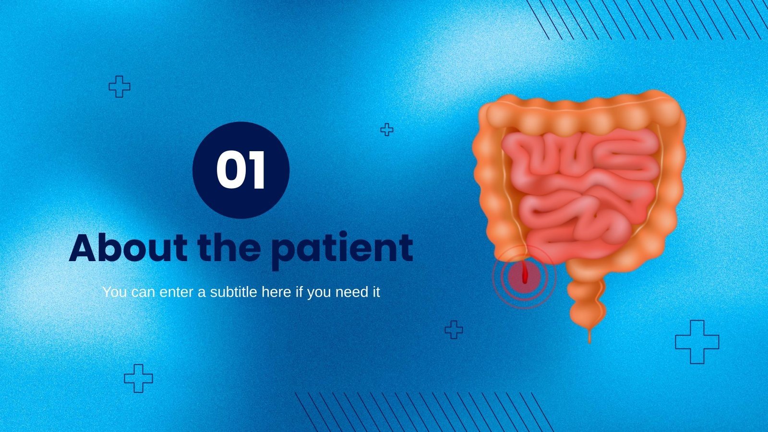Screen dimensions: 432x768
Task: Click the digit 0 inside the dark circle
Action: pyautogui.click(x=230, y=171)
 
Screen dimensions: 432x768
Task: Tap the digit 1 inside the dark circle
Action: pyautogui.click(x=257, y=171)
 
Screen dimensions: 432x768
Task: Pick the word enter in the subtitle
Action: pyautogui.click(x=177, y=292)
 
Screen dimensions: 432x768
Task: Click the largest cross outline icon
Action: pyautogui.click(x=697, y=342)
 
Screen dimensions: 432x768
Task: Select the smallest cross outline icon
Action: pyautogui.click(x=386, y=130)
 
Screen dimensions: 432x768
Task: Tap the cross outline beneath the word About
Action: pyautogui.click(x=138, y=378)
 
